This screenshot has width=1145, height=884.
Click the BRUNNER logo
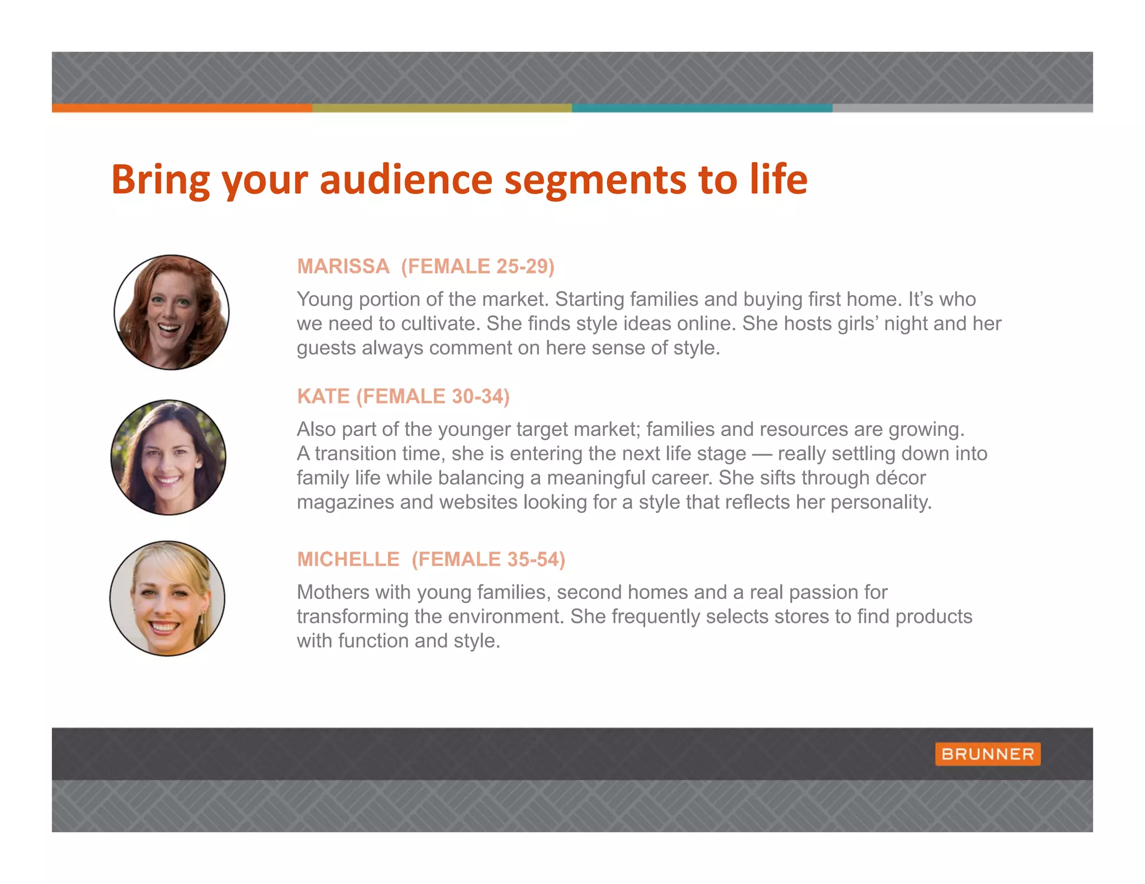pyautogui.click(x=987, y=754)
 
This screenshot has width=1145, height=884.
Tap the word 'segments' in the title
pyautogui.click(x=595, y=180)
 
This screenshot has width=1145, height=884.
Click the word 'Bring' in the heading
pyautogui.click(x=160, y=180)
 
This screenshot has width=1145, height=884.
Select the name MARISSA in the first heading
pyautogui.click(x=343, y=267)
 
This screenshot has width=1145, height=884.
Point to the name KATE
pyautogui.click(x=323, y=396)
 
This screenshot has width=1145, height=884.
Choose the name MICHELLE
pyautogui.click(x=348, y=559)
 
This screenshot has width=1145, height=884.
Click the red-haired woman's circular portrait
pyautogui.click(x=172, y=312)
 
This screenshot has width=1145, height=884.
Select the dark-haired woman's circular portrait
pyautogui.click(x=168, y=457)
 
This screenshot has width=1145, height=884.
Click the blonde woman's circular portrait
pyautogui.click(x=167, y=598)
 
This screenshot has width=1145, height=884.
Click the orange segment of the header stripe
pyautogui.click(x=182, y=108)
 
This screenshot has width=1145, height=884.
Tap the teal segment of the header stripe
pyautogui.click(x=702, y=108)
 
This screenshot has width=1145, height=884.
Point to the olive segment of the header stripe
pyautogui.click(x=442, y=108)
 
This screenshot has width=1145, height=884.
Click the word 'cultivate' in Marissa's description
pyautogui.click(x=441, y=324)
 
